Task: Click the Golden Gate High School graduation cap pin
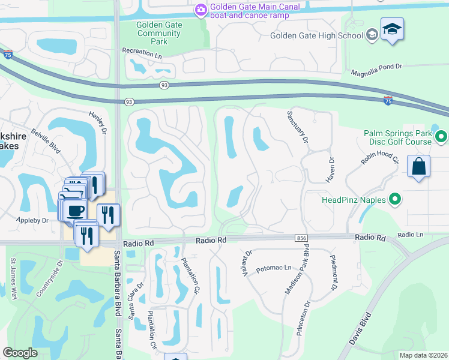point(392,29)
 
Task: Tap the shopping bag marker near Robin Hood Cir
point(418,166)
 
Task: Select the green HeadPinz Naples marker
point(395,199)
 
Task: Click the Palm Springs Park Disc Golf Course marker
point(442,137)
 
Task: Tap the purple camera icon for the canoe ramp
point(200,10)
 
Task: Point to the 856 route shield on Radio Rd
point(301,238)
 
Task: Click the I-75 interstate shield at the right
point(388,100)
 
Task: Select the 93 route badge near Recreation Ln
point(164,86)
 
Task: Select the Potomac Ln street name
point(273,268)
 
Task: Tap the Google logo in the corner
point(20,353)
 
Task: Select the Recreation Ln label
point(142,52)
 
